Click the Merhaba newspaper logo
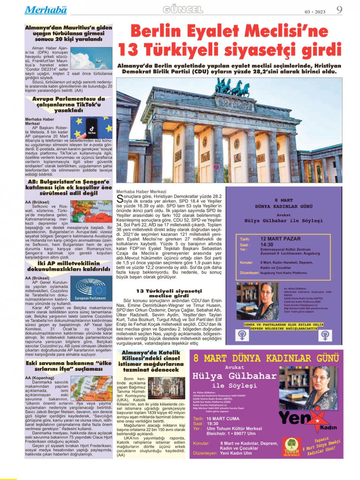tap(45, 10)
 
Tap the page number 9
tap(339, 10)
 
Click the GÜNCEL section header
tap(183, 10)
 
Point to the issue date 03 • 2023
tap(315, 12)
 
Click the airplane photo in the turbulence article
tap(91, 58)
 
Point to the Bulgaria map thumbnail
tap(91, 211)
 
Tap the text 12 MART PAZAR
tap(280, 239)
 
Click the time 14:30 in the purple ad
tap(266, 245)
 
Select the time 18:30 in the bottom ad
tap(213, 424)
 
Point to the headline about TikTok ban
tap(69, 104)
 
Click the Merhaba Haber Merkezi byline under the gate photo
tap(141, 192)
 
